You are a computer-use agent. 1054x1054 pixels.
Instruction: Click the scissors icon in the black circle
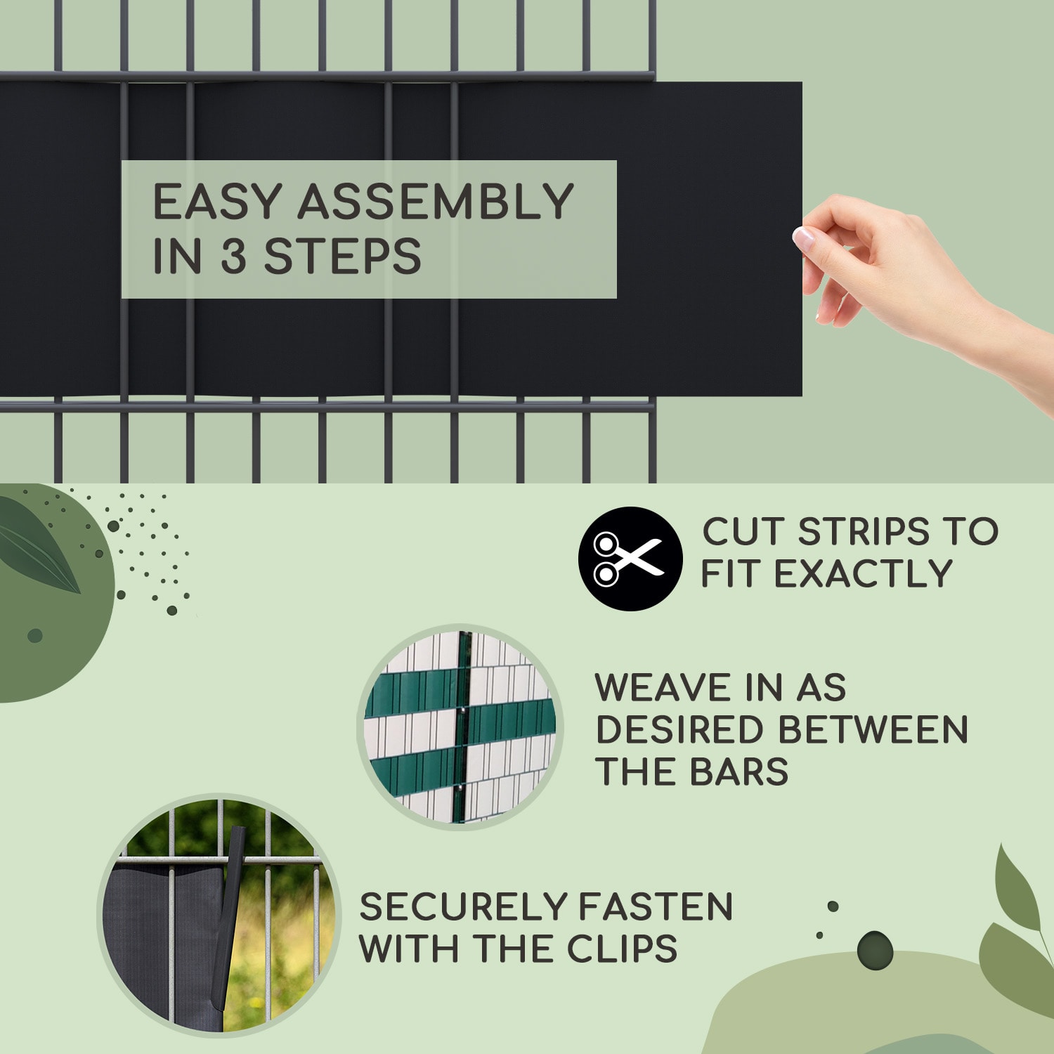pos(628,559)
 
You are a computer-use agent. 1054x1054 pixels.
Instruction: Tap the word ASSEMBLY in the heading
pos(436,202)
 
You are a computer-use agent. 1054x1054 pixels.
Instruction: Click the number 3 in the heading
pos(233,256)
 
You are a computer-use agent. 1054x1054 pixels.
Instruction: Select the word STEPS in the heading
pos(342,256)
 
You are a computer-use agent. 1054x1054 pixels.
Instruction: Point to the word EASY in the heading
pos(217,202)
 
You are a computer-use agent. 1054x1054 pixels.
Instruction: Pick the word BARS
pos(739,772)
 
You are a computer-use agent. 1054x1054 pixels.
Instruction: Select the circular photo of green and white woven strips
pos(460,727)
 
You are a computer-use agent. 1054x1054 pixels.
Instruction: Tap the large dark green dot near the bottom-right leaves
pos(875,951)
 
